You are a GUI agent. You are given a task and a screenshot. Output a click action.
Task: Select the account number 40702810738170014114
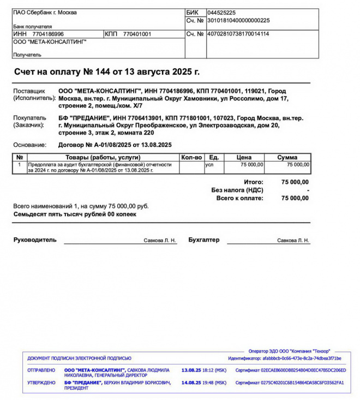coord(238,34)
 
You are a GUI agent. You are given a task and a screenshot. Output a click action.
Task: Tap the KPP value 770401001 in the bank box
coord(137,34)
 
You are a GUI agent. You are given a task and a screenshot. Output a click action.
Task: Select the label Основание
coord(31,145)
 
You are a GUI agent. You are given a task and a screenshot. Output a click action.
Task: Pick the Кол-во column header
coord(191,157)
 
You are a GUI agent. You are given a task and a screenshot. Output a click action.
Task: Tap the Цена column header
coord(244,157)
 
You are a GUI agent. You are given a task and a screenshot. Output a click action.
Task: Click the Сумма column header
coord(287,157)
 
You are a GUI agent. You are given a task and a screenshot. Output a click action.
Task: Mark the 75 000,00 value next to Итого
coord(295,182)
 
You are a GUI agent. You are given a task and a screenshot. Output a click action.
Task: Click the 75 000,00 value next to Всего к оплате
coord(295,198)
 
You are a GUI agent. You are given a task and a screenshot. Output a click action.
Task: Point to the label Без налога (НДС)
coord(237,190)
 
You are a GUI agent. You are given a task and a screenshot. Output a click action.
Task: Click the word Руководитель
coord(35,240)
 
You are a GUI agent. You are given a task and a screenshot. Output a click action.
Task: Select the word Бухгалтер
coord(203,240)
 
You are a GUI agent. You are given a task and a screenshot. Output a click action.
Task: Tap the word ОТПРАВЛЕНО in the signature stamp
coord(41,370)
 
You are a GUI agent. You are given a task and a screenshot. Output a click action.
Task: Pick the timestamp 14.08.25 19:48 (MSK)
coord(203,383)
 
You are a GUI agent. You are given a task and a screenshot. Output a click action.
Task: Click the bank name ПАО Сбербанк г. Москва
coord(45,12)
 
